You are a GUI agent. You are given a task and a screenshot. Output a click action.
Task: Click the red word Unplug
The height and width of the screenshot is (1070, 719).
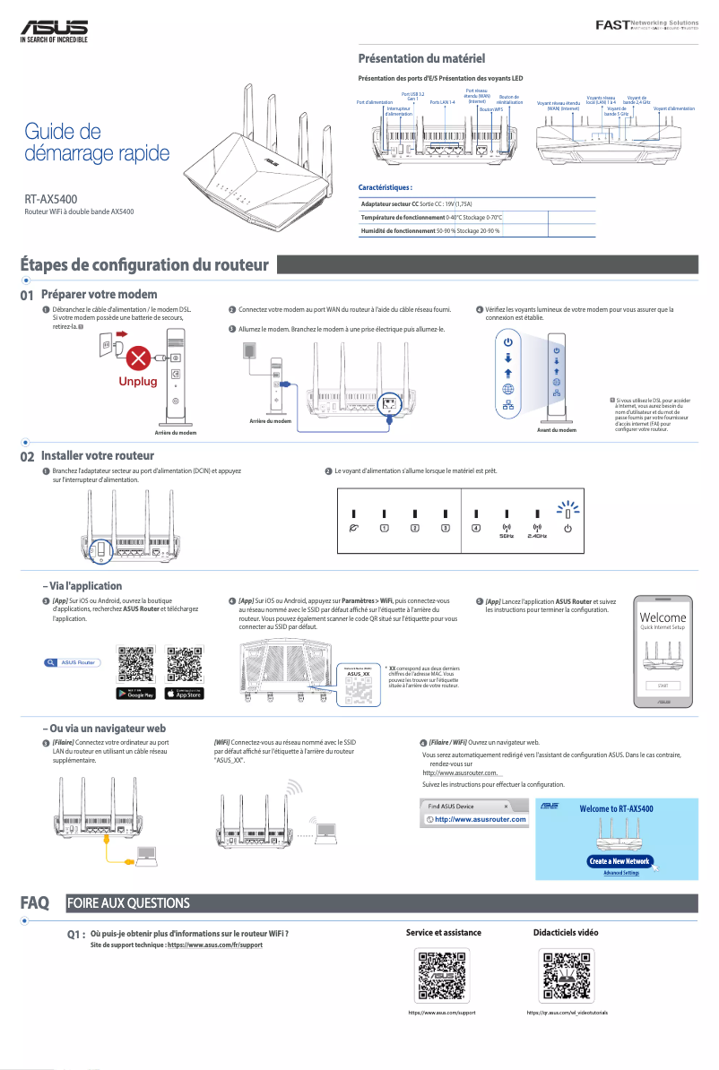pos(137,382)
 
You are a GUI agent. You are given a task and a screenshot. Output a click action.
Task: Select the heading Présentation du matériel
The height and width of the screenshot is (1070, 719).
pos(421,59)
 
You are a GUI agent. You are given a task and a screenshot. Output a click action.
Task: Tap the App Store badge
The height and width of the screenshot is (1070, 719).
pos(185,693)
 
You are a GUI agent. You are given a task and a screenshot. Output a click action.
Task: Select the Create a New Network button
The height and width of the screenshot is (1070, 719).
pos(619,860)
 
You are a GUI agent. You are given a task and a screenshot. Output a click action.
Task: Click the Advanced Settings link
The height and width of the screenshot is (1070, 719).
pos(621,872)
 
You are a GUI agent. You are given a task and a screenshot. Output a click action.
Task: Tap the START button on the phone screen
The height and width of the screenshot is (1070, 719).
pos(663,685)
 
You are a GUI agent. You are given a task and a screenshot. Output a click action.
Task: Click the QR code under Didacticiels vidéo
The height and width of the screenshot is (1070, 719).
pos(567,976)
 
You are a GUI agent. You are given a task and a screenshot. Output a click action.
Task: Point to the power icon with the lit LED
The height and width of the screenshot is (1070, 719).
pos(567,528)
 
